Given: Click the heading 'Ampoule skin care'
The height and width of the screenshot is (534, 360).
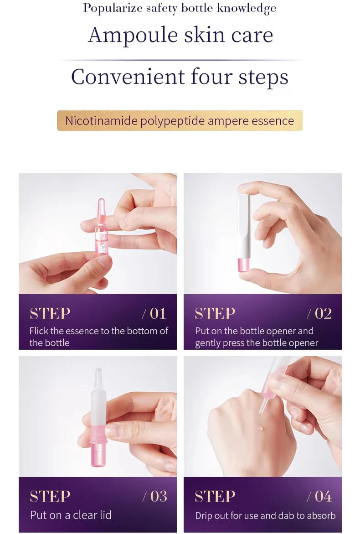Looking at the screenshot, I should [180, 35].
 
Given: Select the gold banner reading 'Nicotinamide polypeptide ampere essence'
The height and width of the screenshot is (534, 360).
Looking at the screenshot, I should [180, 121].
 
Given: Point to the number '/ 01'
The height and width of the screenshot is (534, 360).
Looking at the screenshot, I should [154, 313].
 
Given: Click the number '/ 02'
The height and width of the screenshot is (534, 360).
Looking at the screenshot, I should [319, 313].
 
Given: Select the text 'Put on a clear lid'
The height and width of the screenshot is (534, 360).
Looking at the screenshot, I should [71, 515].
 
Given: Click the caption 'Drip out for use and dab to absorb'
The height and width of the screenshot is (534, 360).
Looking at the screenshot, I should [265, 516].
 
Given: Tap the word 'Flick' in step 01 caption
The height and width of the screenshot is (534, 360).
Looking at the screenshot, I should [39, 331].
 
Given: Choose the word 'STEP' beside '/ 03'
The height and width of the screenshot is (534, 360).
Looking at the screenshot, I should [50, 496].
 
